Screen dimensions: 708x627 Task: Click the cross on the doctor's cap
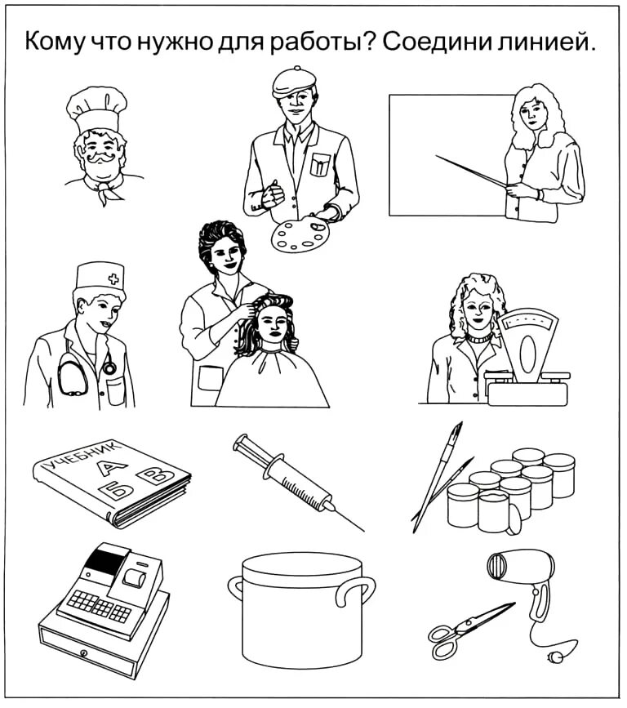113,278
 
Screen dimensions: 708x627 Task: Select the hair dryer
522,576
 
